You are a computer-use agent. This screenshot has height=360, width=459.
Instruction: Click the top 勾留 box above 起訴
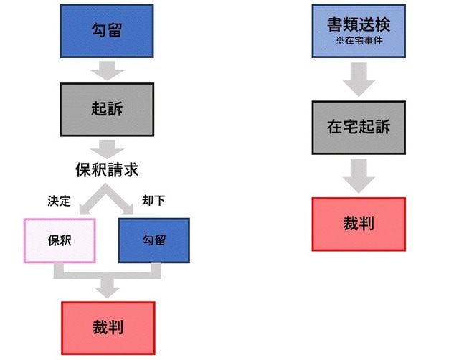pyautogui.click(x=108, y=31)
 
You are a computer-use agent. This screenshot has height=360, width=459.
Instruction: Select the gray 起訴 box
pyautogui.click(x=108, y=109)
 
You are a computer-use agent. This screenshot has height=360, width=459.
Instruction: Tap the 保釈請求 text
pyautogui.click(x=107, y=170)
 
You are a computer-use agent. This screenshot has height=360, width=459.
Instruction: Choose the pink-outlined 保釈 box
pyautogui.click(x=60, y=240)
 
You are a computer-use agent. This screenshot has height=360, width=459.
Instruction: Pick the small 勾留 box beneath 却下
pyautogui.click(x=153, y=240)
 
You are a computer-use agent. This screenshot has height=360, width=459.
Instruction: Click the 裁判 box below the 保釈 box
pyautogui.click(x=108, y=328)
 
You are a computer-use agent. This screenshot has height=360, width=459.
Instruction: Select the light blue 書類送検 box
pyautogui.click(x=358, y=31)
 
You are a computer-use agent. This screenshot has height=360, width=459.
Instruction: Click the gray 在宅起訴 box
pyautogui.click(x=358, y=127)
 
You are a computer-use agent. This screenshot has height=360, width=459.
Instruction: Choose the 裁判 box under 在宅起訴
pyautogui.click(x=358, y=224)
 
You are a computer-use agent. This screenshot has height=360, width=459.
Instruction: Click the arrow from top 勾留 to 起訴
pyautogui.click(x=108, y=70)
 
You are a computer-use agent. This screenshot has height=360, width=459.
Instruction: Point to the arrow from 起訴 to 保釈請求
pyautogui.click(x=108, y=148)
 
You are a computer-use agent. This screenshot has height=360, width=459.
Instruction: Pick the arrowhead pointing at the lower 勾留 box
pyautogui.click(x=129, y=207)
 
